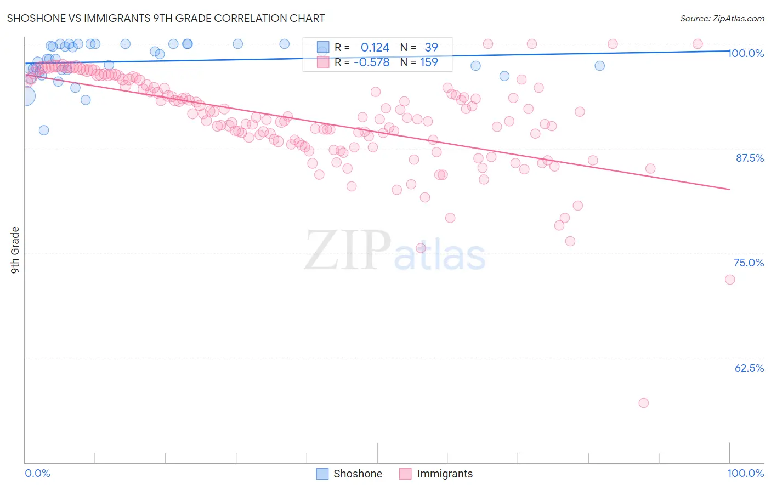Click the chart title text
166,18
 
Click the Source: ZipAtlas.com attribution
722,18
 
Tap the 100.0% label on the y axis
746,53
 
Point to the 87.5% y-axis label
750,158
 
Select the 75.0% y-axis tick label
749,263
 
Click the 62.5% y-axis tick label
749,368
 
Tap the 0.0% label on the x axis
37,473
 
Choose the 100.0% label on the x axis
745,473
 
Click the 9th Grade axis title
15,250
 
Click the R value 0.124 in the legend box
375,48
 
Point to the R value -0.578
371,62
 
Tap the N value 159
429,62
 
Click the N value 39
431,48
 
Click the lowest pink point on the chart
644,403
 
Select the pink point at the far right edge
730,280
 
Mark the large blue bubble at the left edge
25,96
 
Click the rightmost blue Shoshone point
600,66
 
